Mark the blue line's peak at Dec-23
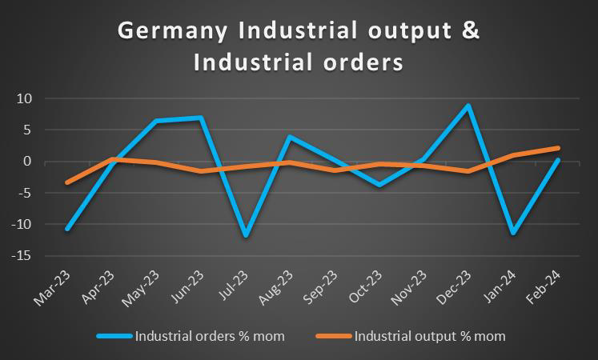coord(468,106)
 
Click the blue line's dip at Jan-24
coord(512,233)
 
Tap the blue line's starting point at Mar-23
coord(68,230)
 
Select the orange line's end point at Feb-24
coord(556,148)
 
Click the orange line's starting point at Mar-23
coord(68,182)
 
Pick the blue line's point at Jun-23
coord(201,118)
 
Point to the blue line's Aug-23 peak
coord(290,137)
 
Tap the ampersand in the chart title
coord(472,31)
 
